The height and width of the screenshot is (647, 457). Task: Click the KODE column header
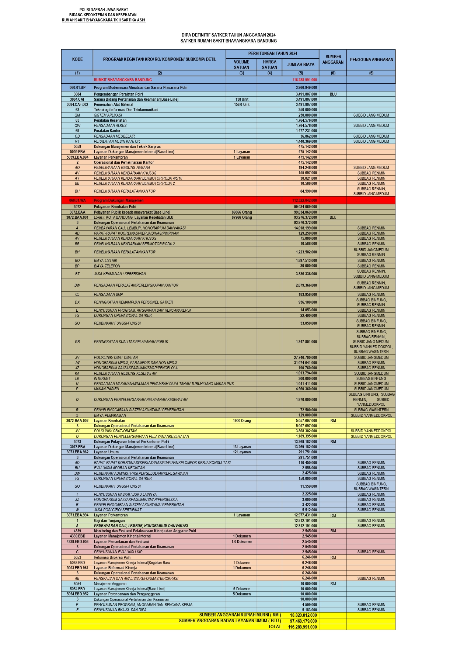pos(77,59)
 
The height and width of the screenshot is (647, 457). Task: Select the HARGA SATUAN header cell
pos(269,65)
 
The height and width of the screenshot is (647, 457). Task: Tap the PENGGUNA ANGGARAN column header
pos(371,59)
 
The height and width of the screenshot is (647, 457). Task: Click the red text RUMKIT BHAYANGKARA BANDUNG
pos(123,80)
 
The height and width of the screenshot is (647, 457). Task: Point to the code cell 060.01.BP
pos(77,88)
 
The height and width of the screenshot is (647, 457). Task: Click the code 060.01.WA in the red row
pos(77,200)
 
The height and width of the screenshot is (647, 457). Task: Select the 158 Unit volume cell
pos(242,99)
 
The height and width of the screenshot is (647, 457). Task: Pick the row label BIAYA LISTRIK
pos(106,260)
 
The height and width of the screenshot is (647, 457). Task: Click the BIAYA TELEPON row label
pos(107,266)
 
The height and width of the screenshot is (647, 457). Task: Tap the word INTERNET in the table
pos(102,378)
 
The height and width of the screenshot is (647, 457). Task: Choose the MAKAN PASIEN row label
pos(107,389)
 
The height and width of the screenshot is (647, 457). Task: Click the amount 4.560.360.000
pos(306,389)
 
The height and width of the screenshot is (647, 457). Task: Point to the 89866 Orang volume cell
pos(242,212)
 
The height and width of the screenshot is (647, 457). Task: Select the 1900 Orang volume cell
pos(242,421)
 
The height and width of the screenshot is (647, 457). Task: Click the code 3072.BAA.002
pos(77,421)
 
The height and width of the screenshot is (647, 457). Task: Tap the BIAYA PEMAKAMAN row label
pos(110,415)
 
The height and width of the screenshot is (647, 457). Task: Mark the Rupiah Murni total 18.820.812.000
pos(303,615)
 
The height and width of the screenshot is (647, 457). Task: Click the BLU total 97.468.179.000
pos(303,621)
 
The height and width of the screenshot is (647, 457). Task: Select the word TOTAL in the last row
pos(274,627)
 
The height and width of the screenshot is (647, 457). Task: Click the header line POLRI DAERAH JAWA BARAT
pos(104,10)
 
